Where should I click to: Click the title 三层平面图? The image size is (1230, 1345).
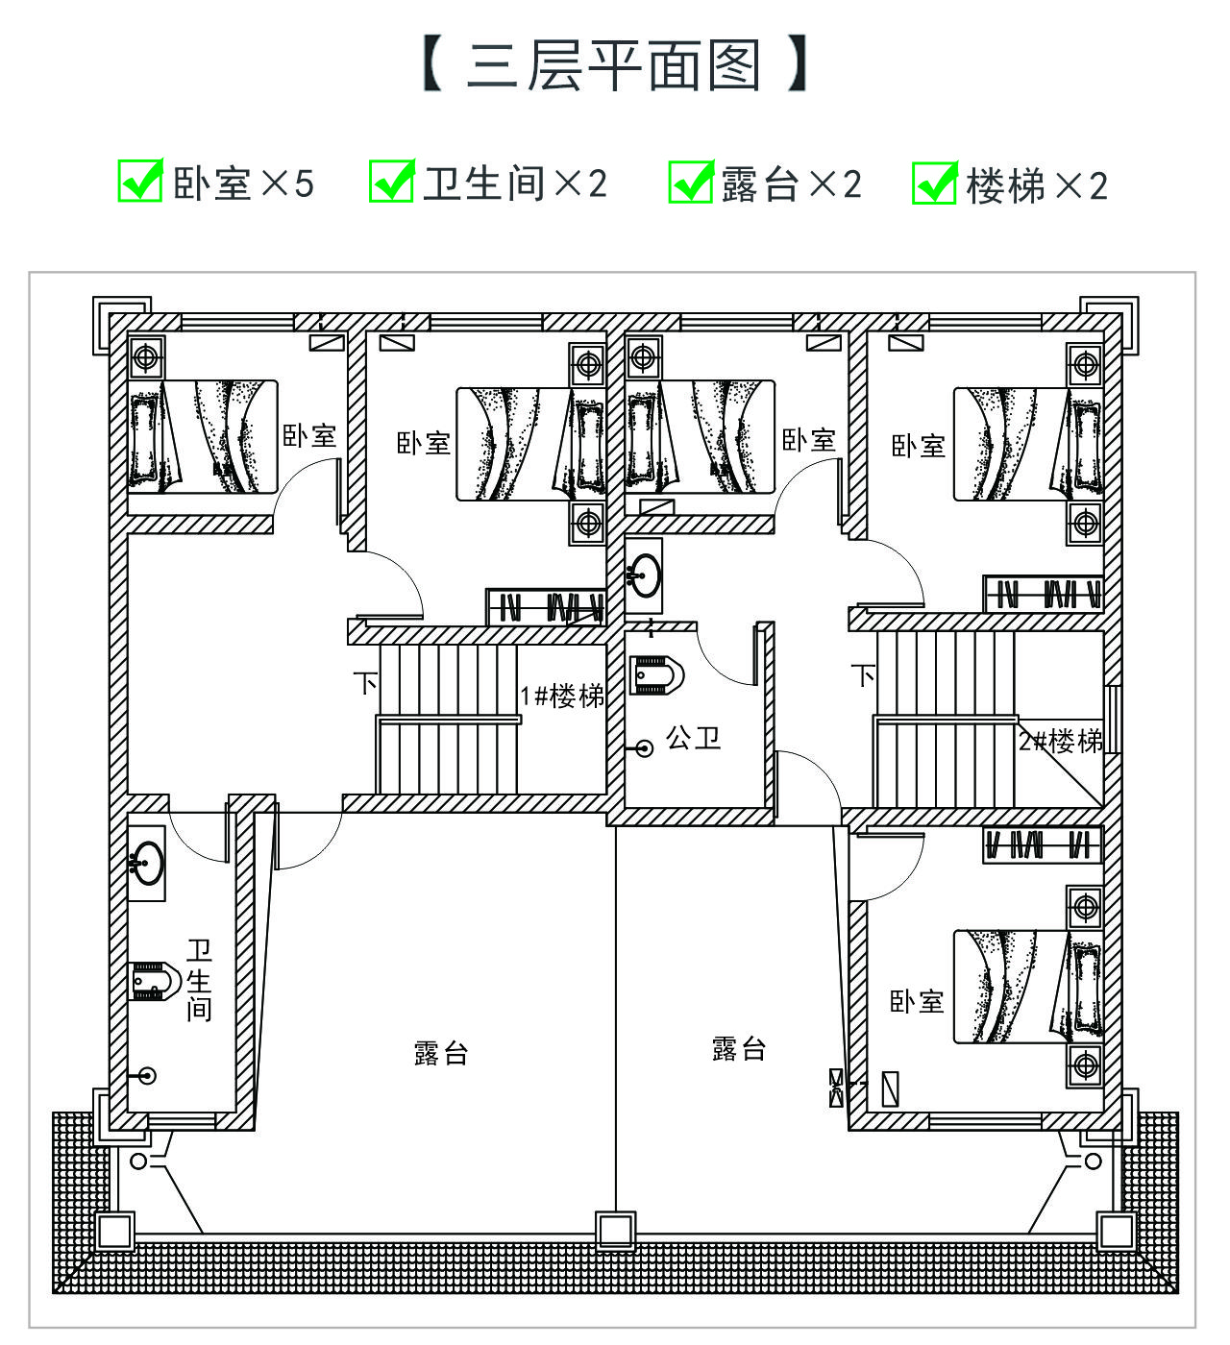614,65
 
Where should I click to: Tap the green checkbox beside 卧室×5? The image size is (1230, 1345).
140,181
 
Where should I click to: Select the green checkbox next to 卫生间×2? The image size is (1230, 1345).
392,181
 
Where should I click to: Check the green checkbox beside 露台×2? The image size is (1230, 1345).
691,181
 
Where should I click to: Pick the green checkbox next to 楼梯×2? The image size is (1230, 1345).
935,183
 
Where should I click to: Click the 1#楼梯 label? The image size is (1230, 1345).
562,696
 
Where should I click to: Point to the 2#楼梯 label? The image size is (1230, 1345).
1060,741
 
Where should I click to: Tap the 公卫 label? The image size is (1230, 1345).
693,738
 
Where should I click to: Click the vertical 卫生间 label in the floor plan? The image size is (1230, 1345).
199,980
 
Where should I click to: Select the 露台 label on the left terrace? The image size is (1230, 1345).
441,1053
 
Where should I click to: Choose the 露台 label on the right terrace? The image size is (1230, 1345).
738,1049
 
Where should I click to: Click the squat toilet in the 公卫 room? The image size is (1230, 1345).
657,675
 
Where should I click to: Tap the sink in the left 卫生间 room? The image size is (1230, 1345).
146,863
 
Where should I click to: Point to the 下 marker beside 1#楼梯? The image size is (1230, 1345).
365,682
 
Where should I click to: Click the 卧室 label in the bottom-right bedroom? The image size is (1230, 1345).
917,1002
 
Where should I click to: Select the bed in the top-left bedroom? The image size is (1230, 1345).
203,437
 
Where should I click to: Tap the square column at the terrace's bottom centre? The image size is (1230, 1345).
616,1231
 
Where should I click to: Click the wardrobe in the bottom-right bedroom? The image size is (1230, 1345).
1043,844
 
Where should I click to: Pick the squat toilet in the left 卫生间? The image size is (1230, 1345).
155,981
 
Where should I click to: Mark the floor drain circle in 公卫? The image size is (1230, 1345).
644,748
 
